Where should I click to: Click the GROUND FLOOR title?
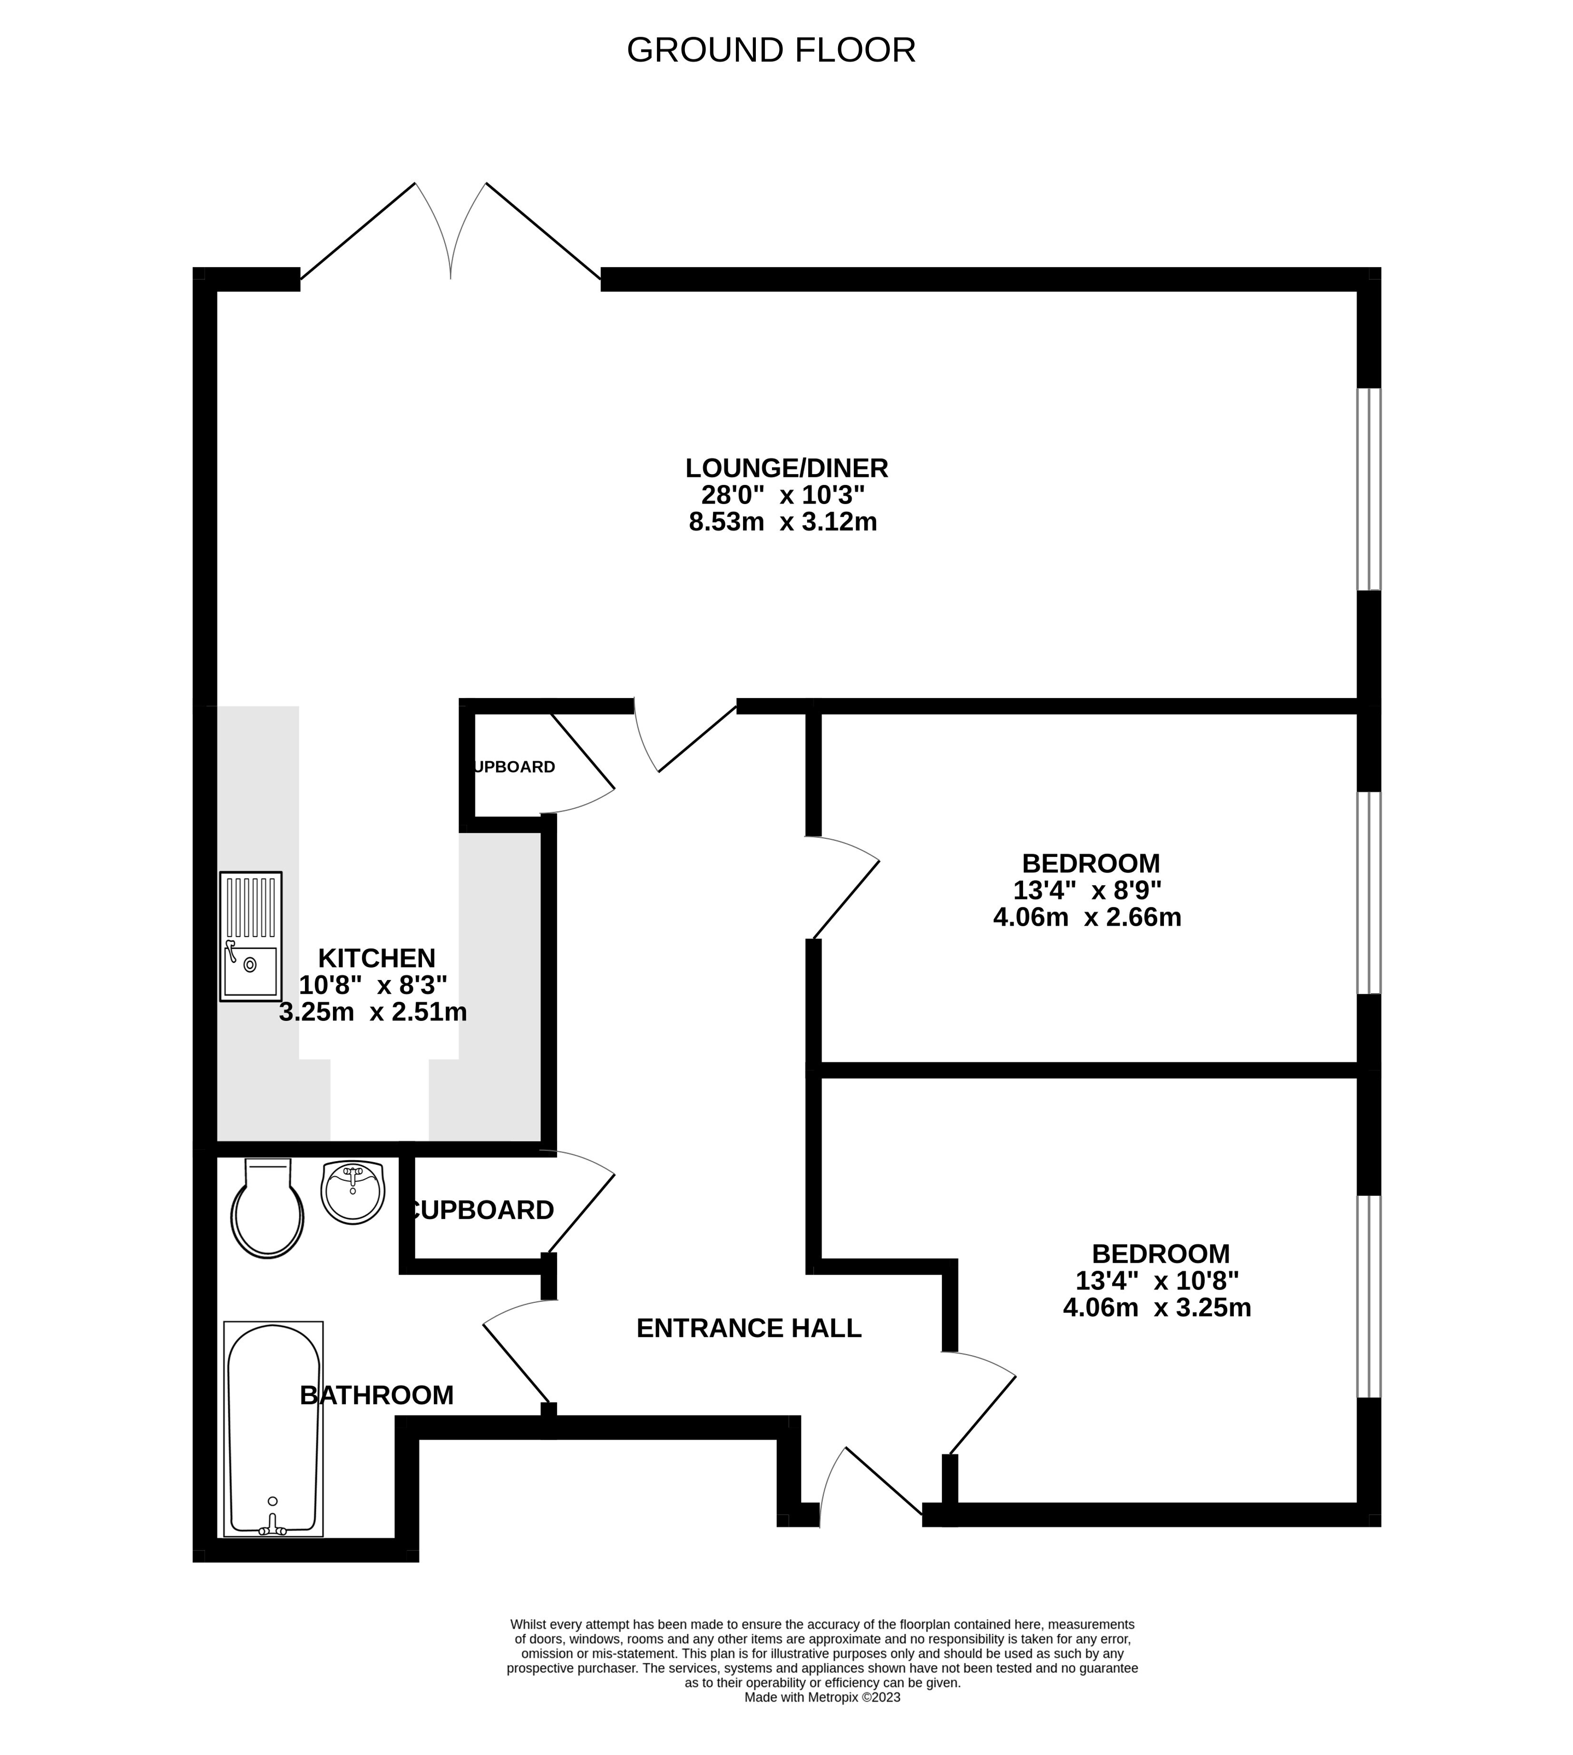(771, 50)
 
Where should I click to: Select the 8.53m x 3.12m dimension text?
(783, 522)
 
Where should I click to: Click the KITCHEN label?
(377, 958)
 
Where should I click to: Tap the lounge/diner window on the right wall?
(1369, 489)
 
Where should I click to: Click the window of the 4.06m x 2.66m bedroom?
(1369, 892)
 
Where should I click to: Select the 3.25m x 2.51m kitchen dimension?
(373, 1012)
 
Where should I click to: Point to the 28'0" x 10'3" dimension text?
(783, 495)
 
